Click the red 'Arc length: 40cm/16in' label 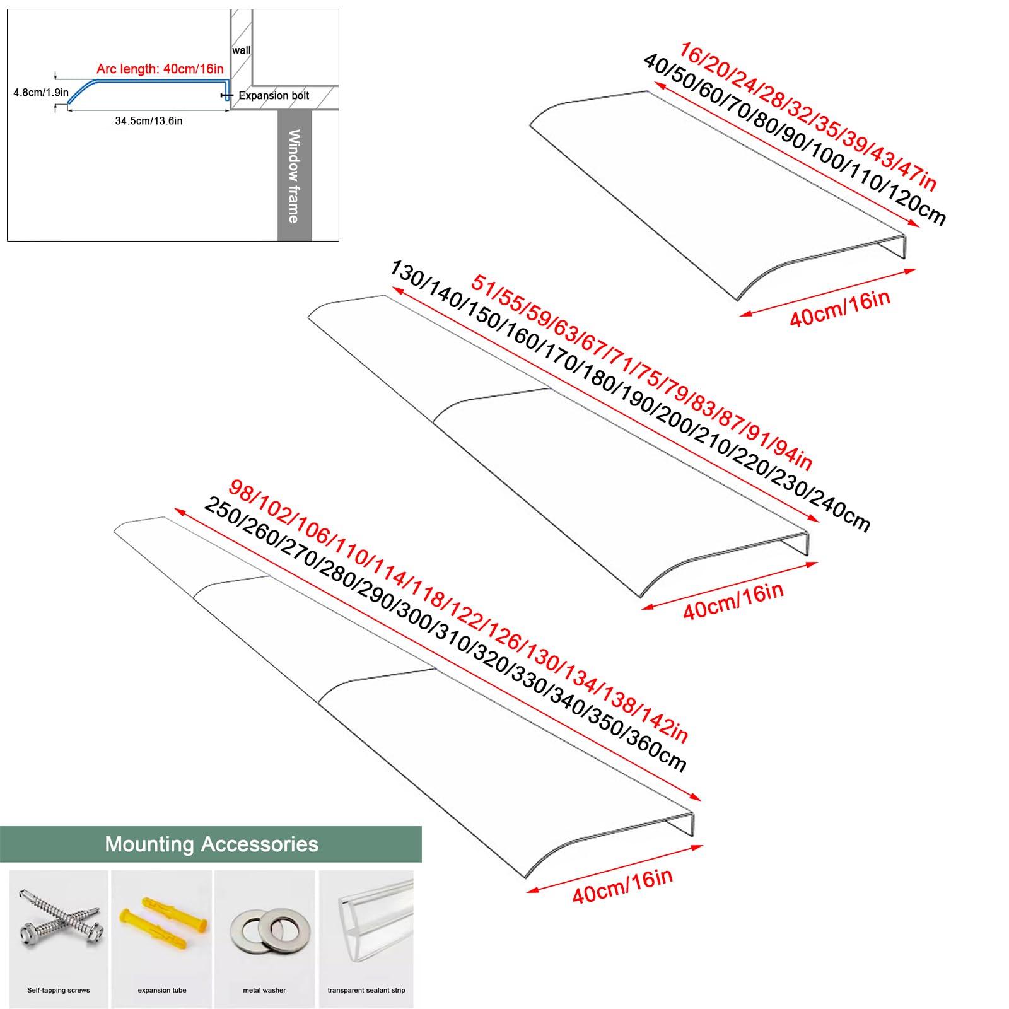point(160,69)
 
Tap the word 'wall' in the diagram point(241,50)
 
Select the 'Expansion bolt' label point(274,96)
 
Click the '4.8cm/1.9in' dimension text point(41,93)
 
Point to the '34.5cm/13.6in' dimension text point(149,121)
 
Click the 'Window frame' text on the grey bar point(294,176)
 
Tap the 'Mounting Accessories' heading point(211,844)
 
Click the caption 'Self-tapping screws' point(59,990)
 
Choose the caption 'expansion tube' point(162,990)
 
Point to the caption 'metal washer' point(264,990)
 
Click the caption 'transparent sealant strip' point(366,990)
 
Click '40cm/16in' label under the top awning point(840,309)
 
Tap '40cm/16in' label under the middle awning point(733,602)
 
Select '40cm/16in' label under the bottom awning point(622,885)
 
